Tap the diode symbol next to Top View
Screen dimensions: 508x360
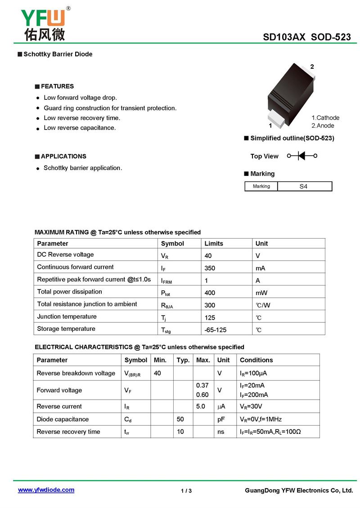[x=302, y=156]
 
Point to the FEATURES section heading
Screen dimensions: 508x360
[x=57, y=86]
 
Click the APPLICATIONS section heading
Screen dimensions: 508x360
[x=63, y=156]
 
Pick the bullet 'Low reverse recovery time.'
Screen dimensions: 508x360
[x=82, y=118]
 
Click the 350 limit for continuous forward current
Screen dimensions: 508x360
[x=210, y=268]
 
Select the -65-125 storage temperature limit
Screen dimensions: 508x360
[x=216, y=330]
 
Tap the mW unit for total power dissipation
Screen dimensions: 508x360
[x=261, y=293]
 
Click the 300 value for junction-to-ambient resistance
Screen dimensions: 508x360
[x=210, y=305]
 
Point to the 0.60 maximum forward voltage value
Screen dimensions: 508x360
[x=202, y=395]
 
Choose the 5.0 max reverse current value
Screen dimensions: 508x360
[x=201, y=406]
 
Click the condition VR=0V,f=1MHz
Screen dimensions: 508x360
[x=261, y=419]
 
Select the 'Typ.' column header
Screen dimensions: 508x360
[x=183, y=360]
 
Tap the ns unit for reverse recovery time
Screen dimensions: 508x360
[x=221, y=432]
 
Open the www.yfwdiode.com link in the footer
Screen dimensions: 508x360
[x=46, y=490]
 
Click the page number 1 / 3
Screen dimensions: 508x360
[x=186, y=490]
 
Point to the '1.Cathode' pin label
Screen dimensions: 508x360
[x=325, y=118]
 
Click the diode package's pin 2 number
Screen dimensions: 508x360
[x=312, y=67]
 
